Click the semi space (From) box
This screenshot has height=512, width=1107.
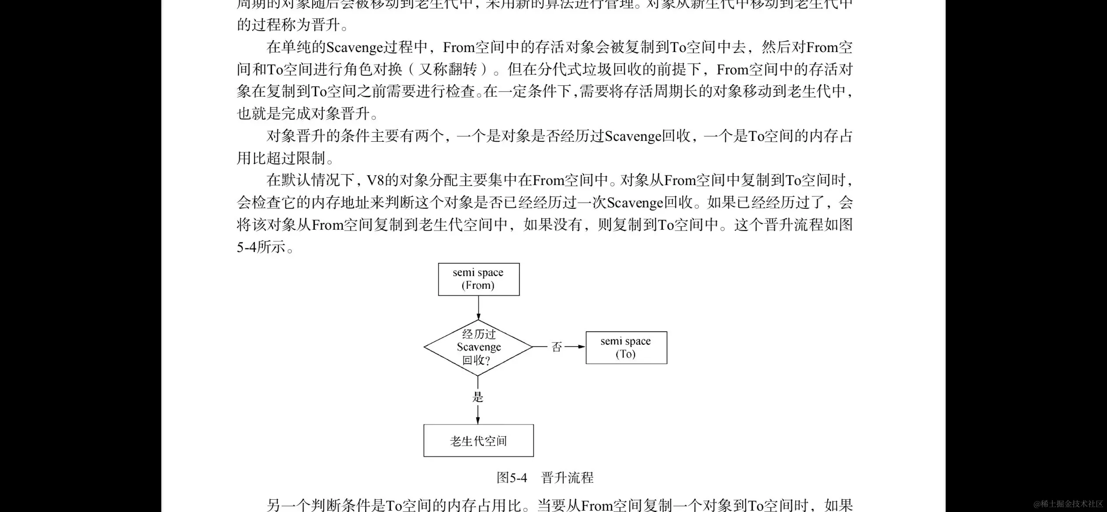tap(478, 279)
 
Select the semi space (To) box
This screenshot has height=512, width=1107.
tap(626, 347)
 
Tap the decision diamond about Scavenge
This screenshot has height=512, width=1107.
tap(478, 347)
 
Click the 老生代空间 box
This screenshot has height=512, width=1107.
tap(478, 441)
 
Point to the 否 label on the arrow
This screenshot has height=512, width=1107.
tap(557, 347)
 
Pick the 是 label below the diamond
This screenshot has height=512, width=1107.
tap(478, 397)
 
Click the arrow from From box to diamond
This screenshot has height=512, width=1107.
tap(478, 308)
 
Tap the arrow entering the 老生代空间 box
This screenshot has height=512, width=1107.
tap(478, 416)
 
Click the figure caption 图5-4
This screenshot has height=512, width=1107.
tap(512, 477)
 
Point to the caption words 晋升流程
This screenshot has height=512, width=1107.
tap(567, 477)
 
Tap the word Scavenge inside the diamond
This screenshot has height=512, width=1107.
tap(479, 347)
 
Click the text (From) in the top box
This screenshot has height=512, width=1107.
tap(478, 285)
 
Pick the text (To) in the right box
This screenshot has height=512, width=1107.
tap(626, 354)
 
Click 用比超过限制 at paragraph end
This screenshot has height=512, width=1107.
tap(281, 158)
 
